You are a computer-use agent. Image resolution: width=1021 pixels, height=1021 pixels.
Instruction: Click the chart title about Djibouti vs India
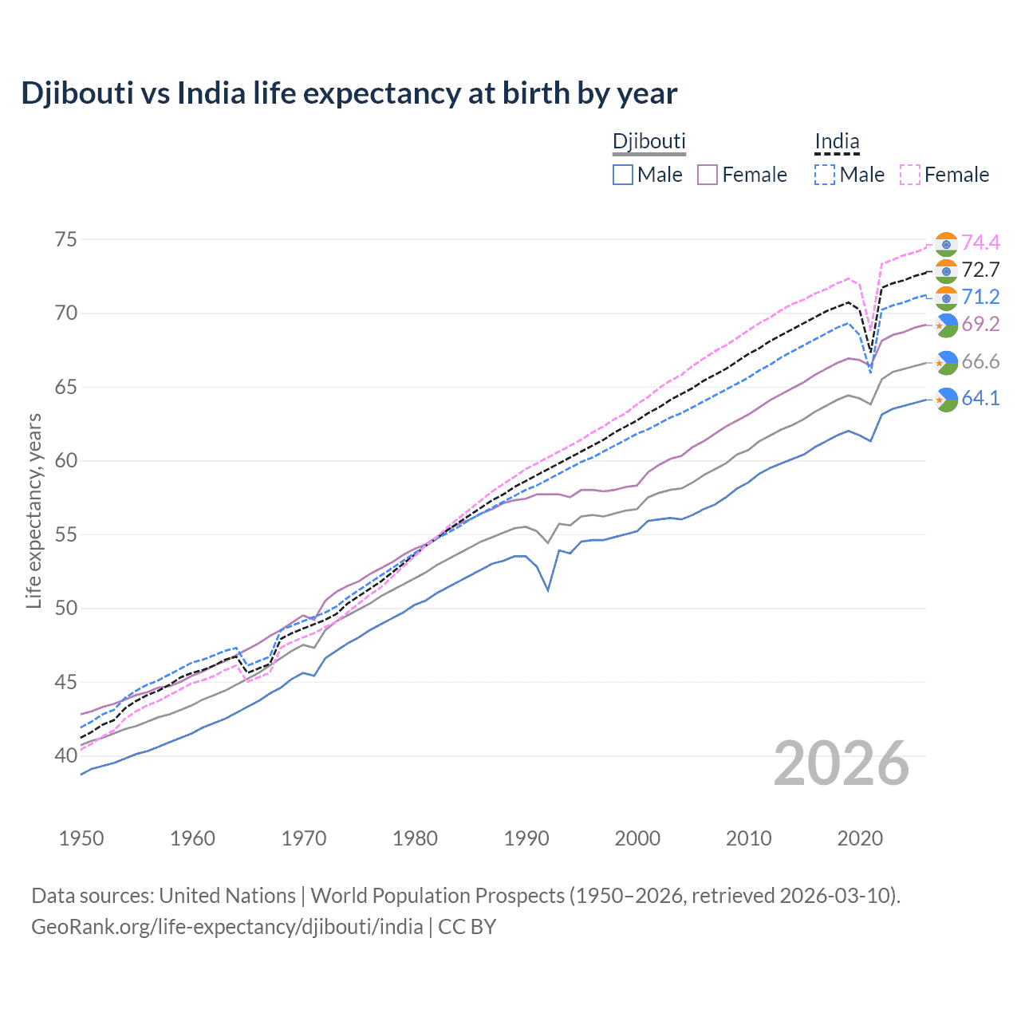pos(349,93)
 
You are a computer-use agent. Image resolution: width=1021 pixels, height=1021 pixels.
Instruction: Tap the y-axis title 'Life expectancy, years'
pos(34,510)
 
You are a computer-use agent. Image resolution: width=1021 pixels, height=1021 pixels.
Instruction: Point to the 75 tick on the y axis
pos(66,240)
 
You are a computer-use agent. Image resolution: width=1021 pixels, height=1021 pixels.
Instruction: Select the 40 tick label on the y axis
pos(66,755)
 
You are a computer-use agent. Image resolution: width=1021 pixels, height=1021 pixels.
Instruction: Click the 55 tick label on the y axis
pos(66,534)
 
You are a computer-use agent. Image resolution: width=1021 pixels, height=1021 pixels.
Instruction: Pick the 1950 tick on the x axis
pos(81,838)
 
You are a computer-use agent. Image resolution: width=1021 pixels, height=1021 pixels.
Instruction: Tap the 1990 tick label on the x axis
pos(526,838)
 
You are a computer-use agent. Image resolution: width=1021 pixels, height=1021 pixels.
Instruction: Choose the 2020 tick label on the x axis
pos(860,838)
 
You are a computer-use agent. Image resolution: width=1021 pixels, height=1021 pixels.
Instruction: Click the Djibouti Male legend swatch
pos(623,175)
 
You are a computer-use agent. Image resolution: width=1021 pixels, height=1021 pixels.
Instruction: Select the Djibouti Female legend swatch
pos(708,175)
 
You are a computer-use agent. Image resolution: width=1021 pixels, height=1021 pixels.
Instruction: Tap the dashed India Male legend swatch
pos(825,175)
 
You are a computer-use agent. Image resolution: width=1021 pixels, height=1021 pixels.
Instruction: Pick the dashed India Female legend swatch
pos(910,175)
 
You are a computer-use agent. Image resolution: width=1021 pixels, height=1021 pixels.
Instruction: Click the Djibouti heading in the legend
pos(648,141)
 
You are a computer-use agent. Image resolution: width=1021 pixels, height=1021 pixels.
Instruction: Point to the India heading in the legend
pos(837,141)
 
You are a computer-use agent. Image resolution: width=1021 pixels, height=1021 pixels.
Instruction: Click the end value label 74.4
pos(980,242)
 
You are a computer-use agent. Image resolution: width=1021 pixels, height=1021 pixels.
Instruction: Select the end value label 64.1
pos(980,398)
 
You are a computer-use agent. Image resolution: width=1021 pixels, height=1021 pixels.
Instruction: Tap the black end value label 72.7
pos(980,270)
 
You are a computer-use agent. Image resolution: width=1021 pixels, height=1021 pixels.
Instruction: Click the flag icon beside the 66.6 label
pos(946,362)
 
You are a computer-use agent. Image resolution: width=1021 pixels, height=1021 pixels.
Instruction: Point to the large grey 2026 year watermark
pos(842,763)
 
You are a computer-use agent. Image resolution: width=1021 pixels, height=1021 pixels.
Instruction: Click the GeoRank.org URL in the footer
pos(227,927)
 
